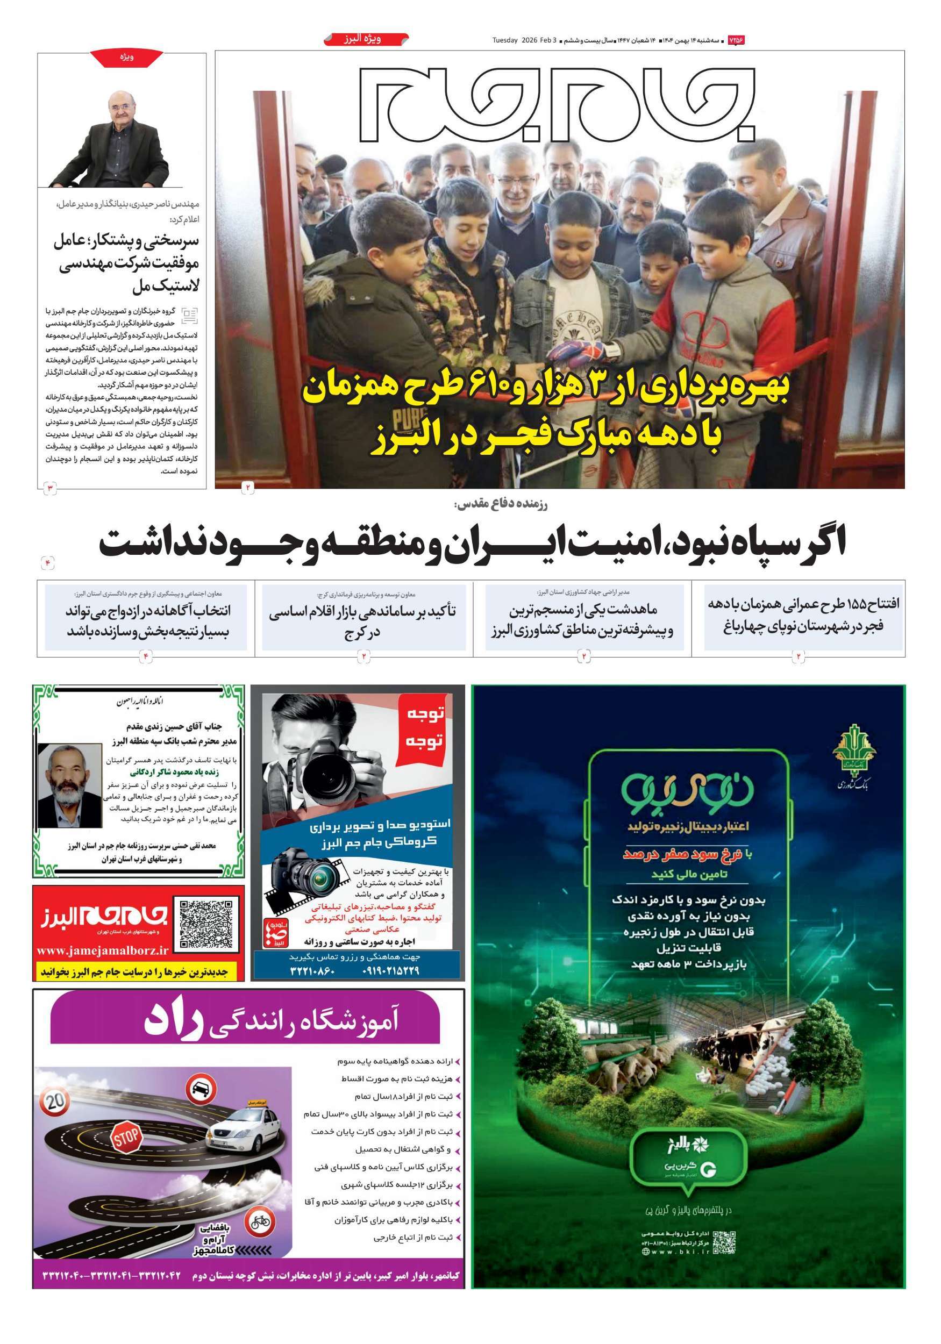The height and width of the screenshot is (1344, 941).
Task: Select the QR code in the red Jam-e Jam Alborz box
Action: (x=205, y=924)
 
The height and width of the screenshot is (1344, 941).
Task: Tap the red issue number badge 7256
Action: (x=736, y=40)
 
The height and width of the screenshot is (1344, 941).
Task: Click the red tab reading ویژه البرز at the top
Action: (x=366, y=39)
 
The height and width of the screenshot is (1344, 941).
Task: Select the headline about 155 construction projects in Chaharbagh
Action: (x=803, y=614)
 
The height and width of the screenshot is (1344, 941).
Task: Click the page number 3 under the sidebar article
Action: (x=51, y=488)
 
